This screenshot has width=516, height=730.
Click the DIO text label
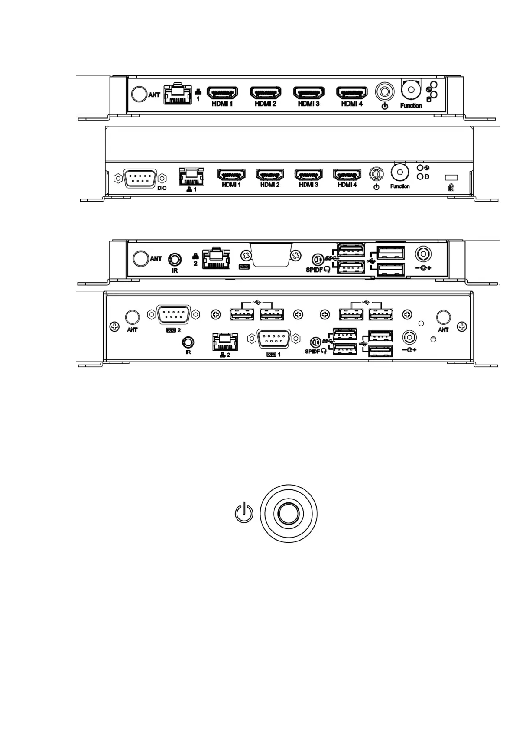[162, 188]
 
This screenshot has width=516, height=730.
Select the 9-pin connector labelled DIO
[140, 178]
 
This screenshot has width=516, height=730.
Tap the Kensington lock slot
[451, 178]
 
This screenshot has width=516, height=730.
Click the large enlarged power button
[288, 513]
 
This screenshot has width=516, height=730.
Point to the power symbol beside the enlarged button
[244, 512]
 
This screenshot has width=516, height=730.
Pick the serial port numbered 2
[173, 314]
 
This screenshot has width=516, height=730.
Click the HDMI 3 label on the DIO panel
[308, 185]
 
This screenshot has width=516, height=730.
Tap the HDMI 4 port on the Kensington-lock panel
[347, 174]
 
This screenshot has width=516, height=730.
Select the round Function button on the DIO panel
[399, 172]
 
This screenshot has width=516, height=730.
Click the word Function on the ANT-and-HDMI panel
[411, 105]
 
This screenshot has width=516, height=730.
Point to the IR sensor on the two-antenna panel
[188, 342]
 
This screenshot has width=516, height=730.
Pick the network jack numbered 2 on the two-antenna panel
[225, 342]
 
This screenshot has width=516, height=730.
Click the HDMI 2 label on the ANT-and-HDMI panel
[265, 104]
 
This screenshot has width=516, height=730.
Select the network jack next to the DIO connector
[191, 176]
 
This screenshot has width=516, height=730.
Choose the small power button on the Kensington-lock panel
[376, 174]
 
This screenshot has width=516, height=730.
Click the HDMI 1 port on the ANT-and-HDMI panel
[222, 93]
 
